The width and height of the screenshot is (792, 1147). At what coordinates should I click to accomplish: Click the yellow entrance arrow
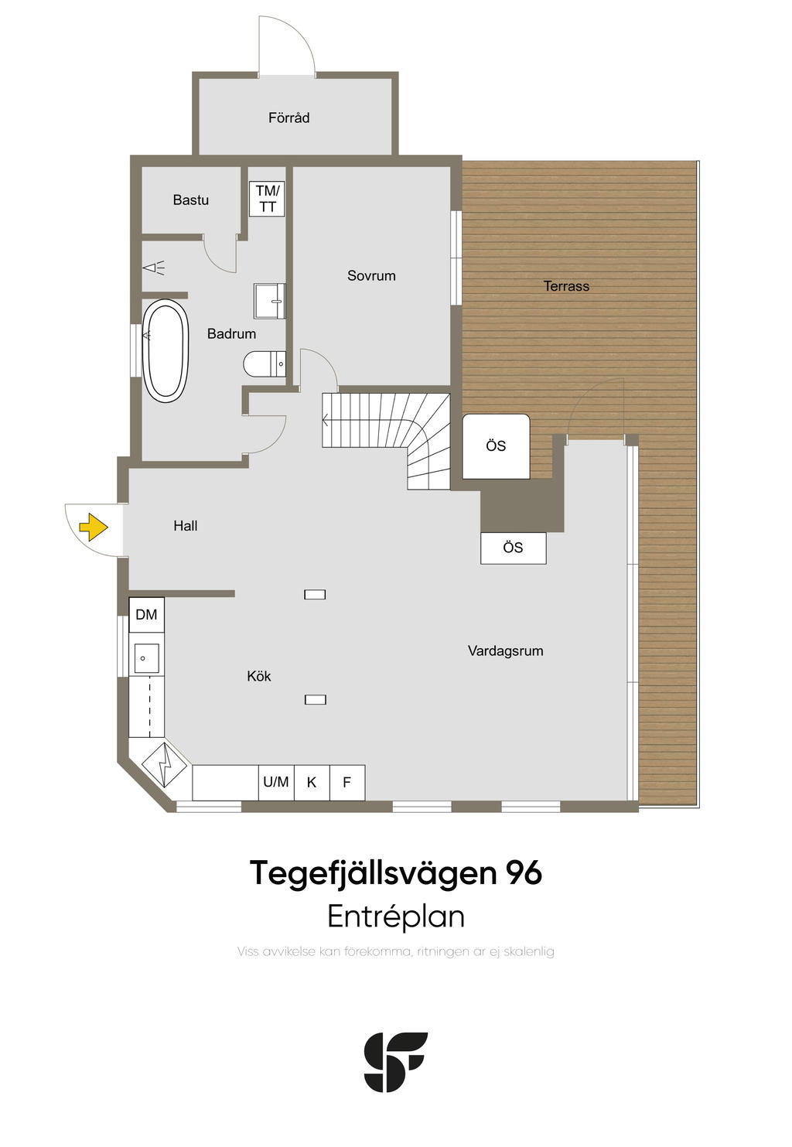point(94,527)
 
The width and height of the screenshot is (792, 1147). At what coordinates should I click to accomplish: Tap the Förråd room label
point(288,118)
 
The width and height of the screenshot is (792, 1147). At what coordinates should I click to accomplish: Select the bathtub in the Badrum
point(165,350)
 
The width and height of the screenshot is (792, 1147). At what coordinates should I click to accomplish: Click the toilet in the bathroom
point(265,364)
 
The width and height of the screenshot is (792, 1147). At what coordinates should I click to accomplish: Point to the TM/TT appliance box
point(268,199)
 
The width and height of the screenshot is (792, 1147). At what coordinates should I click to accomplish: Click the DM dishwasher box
point(146,614)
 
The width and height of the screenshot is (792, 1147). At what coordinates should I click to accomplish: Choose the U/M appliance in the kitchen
point(276,782)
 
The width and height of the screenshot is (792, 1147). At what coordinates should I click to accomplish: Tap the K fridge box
point(311,782)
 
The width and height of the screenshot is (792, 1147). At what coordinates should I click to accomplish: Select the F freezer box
point(347,782)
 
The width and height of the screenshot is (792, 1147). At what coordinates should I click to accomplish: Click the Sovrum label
point(371,275)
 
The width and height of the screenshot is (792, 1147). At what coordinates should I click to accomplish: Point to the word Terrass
point(566,285)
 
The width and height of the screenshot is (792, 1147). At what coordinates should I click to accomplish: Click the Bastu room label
point(190,200)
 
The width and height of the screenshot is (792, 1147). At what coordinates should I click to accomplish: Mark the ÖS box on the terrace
point(496,446)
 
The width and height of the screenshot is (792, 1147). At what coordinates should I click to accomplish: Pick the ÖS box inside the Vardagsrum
point(513,548)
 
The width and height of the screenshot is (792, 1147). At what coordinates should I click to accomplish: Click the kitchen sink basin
point(146,658)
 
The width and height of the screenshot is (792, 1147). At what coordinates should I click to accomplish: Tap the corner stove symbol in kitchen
point(164,764)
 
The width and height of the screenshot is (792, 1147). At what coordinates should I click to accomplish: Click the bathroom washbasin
point(270,301)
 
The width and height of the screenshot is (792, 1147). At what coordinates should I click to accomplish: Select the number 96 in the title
point(524,873)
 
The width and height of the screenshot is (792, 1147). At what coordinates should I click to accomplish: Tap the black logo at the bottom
point(396,1062)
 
